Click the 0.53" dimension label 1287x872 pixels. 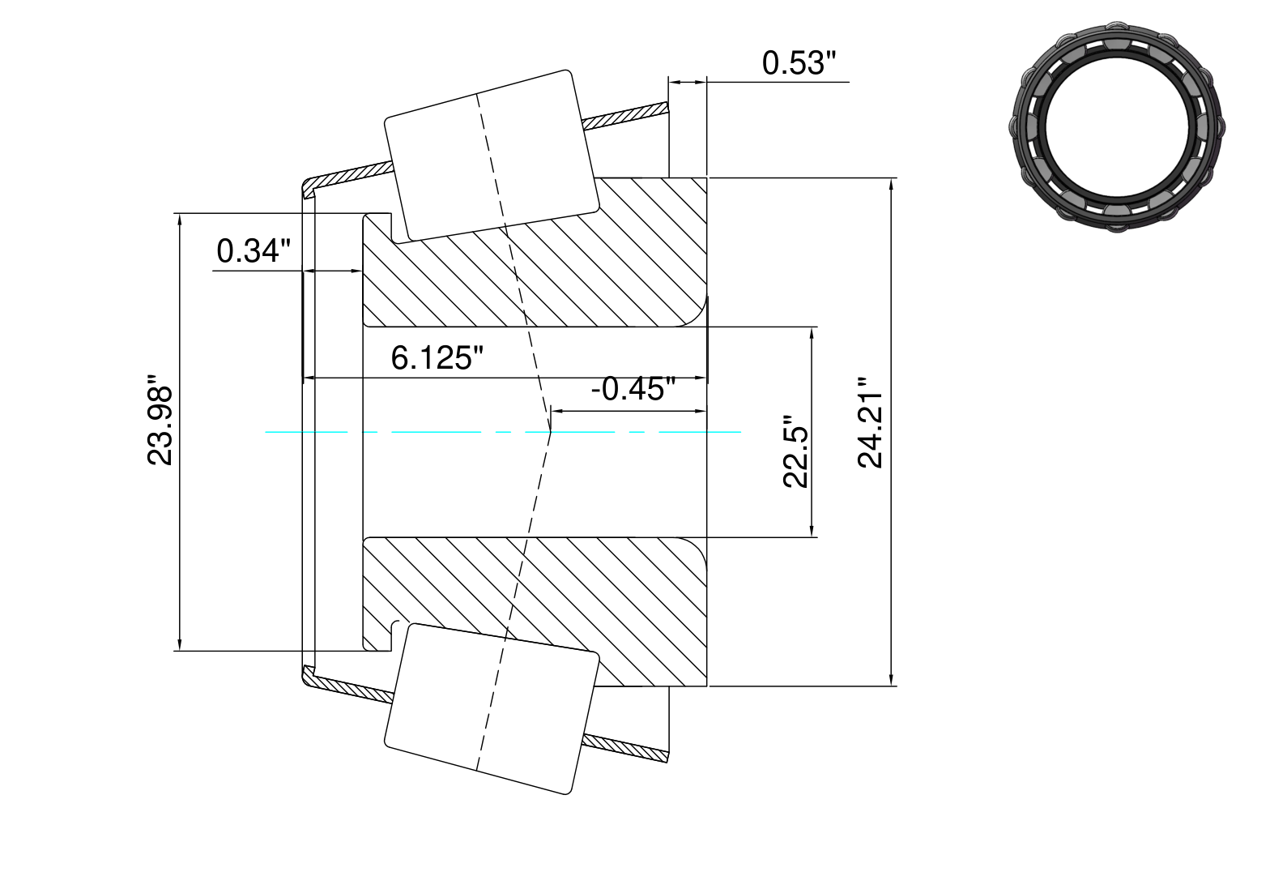point(799,62)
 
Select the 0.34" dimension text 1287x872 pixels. point(254,250)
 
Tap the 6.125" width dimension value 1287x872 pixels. point(437,357)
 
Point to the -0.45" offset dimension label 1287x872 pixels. point(633,388)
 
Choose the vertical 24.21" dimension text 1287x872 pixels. point(870,422)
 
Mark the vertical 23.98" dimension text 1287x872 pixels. point(159,420)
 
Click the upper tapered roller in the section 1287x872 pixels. point(492,155)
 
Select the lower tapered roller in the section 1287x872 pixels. point(492,709)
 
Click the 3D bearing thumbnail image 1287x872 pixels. point(1116,126)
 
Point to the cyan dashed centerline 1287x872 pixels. point(503,432)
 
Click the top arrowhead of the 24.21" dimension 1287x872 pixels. point(891,183)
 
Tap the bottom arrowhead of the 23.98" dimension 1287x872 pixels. point(180,644)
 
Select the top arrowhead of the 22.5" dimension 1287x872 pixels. point(812,333)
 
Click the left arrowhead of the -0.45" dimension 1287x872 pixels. point(556,411)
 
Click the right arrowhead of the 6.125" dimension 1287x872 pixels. point(700,378)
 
